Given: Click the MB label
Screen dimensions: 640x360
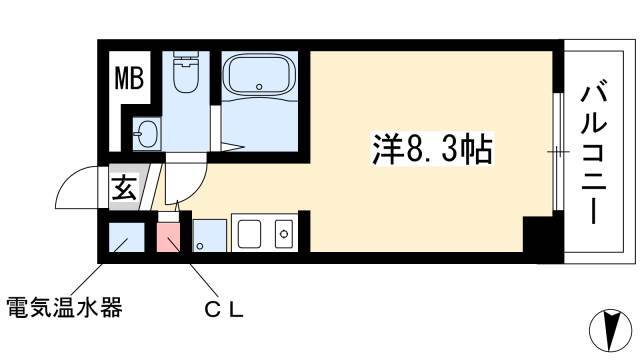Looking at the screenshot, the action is point(129,78).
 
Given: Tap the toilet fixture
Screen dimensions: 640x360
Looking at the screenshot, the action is point(185,71).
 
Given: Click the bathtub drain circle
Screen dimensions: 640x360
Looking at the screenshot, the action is point(259,87).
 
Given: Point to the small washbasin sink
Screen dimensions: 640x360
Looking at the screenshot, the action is point(146,133).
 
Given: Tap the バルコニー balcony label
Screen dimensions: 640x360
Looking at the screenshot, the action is point(593,152).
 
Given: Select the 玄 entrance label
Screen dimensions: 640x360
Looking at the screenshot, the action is point(124,187).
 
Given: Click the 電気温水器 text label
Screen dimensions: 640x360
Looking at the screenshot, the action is point(64,307).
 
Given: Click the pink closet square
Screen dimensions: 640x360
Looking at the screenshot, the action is point(168,237).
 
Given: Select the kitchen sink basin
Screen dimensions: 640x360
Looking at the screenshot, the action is point(249,233).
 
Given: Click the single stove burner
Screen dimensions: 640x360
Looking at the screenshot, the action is point(284,234).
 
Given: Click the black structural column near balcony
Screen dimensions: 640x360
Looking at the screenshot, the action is point(543,235).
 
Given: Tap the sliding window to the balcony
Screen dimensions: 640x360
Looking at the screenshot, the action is point(558,152).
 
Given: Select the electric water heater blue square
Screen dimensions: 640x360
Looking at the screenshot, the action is point(127,237).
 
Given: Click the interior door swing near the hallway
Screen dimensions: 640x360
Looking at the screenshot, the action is point(187,182).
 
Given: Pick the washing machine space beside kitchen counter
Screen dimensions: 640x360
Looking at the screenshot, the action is point(209,236).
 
